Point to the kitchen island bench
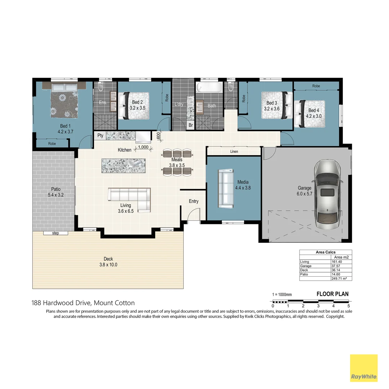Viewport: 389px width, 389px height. click(x=124, y=166)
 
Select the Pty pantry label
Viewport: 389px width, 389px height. click(x=100, y=135)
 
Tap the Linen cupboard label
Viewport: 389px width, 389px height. click(x=234, y=152)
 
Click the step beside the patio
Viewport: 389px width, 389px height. click(x=55, y=233)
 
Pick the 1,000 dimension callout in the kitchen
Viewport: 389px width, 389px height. click(x=143, y=147)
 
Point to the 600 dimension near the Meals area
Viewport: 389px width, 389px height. click(x=158, y=136)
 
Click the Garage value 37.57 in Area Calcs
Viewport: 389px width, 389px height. click(x=336, y=266)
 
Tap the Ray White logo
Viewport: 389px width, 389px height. click(x=364, y=368)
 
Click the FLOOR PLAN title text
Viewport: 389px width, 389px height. click(x=332, y=294)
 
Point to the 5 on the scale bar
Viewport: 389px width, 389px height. click(x=348, y=306)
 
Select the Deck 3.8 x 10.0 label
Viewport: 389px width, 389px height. click(x=108, y=262)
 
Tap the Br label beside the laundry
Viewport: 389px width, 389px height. click(x=191, y=125)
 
